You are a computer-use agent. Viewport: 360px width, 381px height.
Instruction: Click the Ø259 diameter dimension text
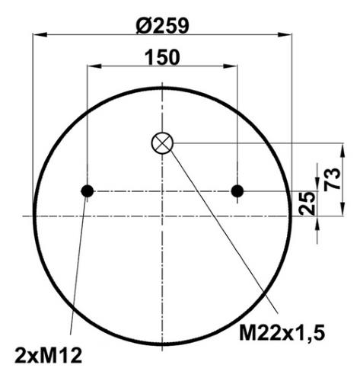pyautogui.click(x=162, y=26)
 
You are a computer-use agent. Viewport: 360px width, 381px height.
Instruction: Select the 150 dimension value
pyautogui.click(x=162, y=57)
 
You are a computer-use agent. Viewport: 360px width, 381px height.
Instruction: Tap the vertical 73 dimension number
pyautogui.click(x=333, y=179)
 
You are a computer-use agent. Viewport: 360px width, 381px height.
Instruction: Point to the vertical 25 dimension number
pyautogui.click(x=307, y=203)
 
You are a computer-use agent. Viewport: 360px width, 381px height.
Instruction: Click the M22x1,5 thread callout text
pyautogui.click(x=282, y=333)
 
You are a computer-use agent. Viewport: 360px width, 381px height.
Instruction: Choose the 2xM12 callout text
pyautogui.click(x=49, y=356)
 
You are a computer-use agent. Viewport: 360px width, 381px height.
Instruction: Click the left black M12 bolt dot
pyautogui.click(x=88, y=191)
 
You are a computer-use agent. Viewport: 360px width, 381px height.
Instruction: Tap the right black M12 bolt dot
pyautogui.click(x=237, y=191)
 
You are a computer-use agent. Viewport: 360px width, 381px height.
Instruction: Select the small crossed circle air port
pyautogui.click(x=162, y=143)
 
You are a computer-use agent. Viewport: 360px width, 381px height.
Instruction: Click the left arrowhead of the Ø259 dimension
pyautogui.click(x=40, y=34)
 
